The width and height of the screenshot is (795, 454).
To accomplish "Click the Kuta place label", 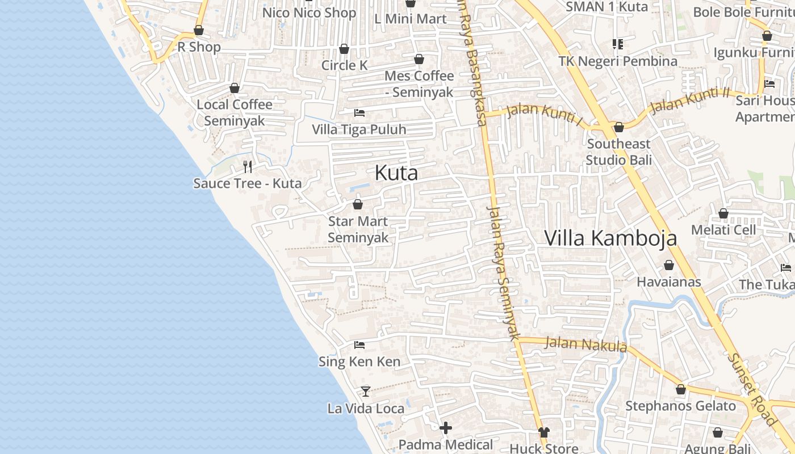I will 396,173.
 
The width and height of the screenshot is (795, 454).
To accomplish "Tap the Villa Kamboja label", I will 610,238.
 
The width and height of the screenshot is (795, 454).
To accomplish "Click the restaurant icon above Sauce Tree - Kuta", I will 248,166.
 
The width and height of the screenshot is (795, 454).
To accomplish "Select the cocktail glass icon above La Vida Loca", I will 366,392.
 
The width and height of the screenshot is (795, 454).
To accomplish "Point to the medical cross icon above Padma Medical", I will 446,427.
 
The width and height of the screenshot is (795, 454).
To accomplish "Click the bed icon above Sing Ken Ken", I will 359,344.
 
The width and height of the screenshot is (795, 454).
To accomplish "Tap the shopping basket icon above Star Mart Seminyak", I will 358,204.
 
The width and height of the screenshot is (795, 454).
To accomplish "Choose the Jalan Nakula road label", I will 586,344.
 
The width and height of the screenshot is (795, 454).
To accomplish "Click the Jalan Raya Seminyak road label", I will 503,272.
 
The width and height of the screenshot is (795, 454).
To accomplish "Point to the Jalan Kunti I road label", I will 544,111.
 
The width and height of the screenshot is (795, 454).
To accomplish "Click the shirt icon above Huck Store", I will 543,432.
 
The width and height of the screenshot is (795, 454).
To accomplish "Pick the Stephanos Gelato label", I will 680,406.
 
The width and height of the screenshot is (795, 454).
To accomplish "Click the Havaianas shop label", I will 668,281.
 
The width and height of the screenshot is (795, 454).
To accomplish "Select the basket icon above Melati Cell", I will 723,213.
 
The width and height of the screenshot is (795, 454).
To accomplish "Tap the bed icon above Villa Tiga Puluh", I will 359,112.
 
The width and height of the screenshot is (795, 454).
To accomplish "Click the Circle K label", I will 345,65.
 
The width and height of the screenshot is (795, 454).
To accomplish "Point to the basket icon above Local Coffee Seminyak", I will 234,88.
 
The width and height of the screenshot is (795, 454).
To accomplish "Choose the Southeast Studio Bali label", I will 618,152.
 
